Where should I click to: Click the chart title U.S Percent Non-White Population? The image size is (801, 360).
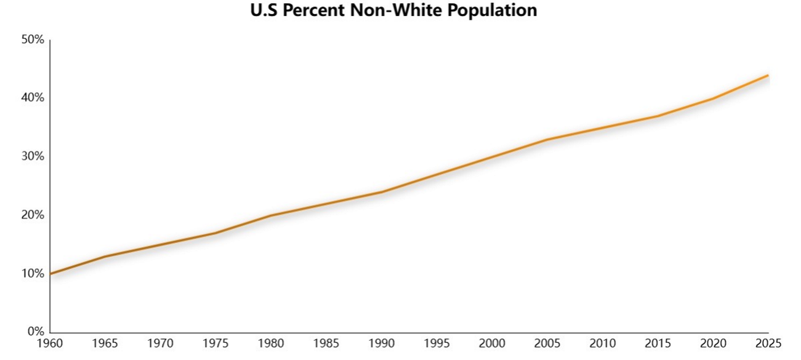pyautogui.click(x=394, y=10)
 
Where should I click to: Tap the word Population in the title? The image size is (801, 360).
pyautogui.click(x=492, y=11)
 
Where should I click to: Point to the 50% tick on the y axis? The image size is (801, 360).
pyautogui.click(x=33, y=39)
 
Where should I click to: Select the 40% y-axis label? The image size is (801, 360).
pyautogui.click(x=33, y=97)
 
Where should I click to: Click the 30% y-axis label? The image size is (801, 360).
pyautogui.click(x=33, y=156)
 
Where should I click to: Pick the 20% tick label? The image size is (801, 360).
pyautogui.click(x=33, y=215)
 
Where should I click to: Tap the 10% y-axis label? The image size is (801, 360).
pyautogui.click(x=33, y=274)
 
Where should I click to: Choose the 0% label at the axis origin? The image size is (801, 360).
pyautogui.click(x=36, y=331)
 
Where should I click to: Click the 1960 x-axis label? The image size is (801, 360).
pyautogui.click(x=50, y=343)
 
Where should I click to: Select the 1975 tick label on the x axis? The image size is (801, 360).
pyautogui.click(x=216, y=343)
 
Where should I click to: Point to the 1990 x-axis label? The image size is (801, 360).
pyautogui.click(x=381, y=343)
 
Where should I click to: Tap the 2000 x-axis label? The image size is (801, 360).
pyautogui.click(x=492, y=343)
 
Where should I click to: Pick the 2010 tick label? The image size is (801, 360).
pyautogui.click(x=602, y=343)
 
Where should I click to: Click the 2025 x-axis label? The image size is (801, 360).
pyautogui.click(x=769, y=343)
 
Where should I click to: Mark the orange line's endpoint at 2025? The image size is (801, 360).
pyautogui.click(x=769, y=75)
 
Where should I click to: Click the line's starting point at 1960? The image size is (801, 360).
pyautogui.click(x=50, y=274)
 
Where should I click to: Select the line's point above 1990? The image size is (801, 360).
pyautogui.click(x=381, y=192)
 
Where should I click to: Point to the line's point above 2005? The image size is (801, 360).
pyautogui.click(x=547, y=140)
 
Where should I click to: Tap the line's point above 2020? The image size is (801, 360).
pyautogui.click(x=713, y=99)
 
